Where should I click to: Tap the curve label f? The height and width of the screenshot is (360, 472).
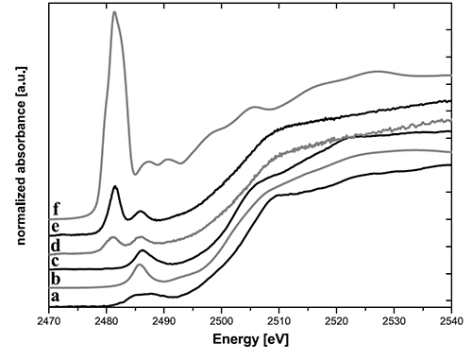(x=58, y=209)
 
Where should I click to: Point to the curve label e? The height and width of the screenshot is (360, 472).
(x=58, y=227)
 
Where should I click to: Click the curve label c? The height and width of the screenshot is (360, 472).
(x=58, y=261)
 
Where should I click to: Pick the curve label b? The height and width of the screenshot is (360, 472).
(x=58, y=278)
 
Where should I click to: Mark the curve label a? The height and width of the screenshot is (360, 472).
(x=58, y=296)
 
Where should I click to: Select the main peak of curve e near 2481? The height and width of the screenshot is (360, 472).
(x=114, y=187)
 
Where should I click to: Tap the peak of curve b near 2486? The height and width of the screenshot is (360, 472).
(x=140, y=266)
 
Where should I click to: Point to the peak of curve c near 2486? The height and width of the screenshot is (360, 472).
(x=141, y=251)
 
